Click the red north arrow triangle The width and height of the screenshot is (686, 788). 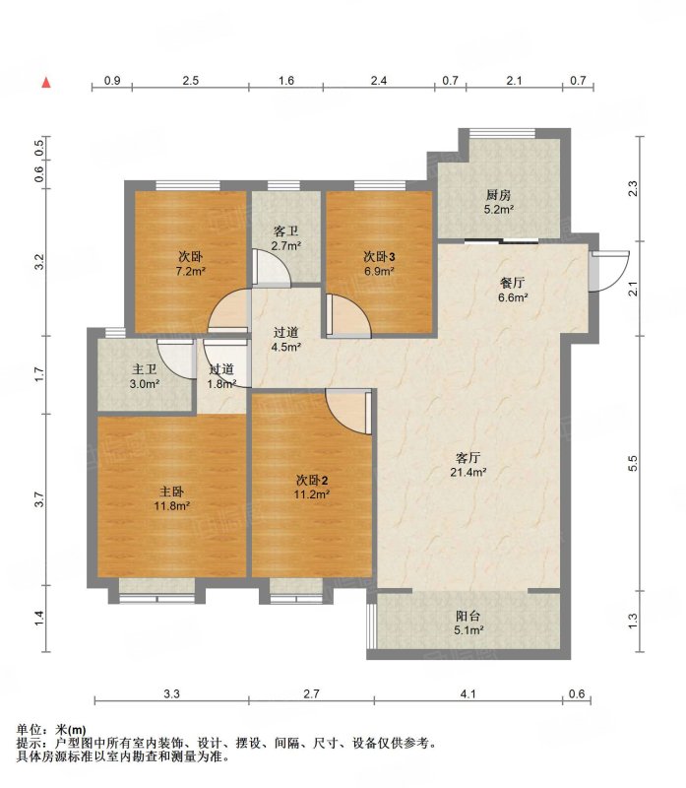(46, 83)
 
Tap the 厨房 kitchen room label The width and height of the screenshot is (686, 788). (498, 195)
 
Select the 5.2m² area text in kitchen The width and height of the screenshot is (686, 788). (499, 210)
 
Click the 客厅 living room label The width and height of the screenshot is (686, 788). (468, 458)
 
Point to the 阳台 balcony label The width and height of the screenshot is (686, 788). (468, 616)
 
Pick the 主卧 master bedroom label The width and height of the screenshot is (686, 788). (171, 492)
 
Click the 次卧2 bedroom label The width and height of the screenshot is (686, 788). (312, 480)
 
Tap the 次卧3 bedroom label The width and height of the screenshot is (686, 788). (379, 257)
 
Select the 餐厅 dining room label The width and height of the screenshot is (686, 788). (512, 283)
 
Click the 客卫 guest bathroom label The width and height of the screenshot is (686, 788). (285, 231)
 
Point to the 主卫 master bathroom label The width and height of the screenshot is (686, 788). (144, 370)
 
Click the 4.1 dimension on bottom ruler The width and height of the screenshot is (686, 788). (468, 694)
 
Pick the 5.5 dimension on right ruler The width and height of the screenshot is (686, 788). (633, 463)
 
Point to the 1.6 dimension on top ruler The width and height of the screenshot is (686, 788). (285, 81)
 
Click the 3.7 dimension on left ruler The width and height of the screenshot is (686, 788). (39, 499)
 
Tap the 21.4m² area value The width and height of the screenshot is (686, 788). (468, 473)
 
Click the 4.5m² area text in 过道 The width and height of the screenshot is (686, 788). (286, 347)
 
